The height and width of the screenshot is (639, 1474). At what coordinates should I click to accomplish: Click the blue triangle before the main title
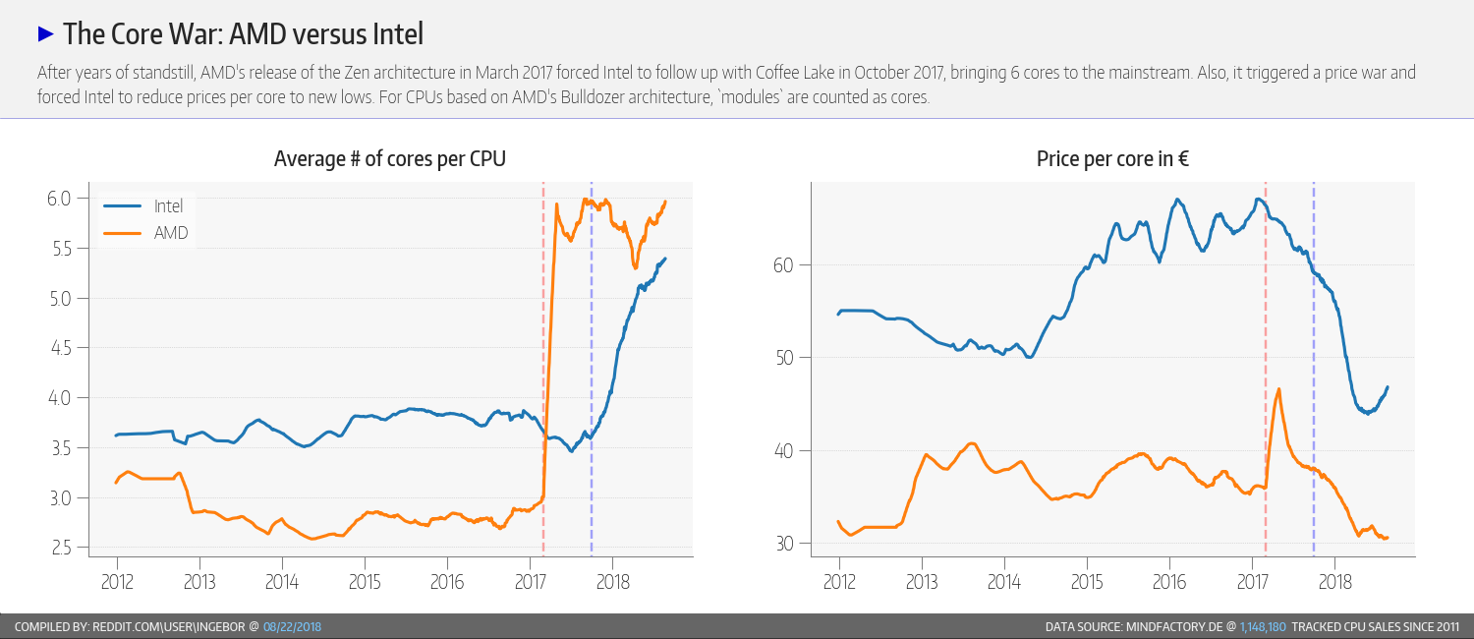click(x=45, y=34)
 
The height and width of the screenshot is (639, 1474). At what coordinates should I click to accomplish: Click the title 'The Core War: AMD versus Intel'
click(x=243, y=34)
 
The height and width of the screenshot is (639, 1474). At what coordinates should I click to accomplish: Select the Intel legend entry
click(x=168, y=206)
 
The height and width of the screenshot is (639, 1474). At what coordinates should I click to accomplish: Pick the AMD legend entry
click(x=171, y=233)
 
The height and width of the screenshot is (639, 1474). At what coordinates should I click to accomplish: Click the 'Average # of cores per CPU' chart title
click(x=390, y=158)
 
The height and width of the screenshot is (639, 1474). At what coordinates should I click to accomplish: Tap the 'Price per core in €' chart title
click(x=1112, y=158)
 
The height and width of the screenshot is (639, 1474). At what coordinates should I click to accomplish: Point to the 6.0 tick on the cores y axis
click(x=61, y=199)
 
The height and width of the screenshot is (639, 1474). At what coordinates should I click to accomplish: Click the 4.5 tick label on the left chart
click(x=61, y=348)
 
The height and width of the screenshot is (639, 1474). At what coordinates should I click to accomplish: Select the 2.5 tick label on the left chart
click(x=61, y=548)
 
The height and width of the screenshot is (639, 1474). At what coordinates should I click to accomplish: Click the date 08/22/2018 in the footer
click(x=293, y=626)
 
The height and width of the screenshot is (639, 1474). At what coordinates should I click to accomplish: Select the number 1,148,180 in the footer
click(x=1264, y=626)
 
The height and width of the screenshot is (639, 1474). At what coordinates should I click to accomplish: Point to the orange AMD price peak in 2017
click(x=1278, y=389)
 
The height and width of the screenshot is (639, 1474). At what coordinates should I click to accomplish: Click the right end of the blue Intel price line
click(x=1388, y=387)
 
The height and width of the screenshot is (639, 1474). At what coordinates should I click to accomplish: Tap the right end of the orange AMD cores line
click(x=665, y=202)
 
